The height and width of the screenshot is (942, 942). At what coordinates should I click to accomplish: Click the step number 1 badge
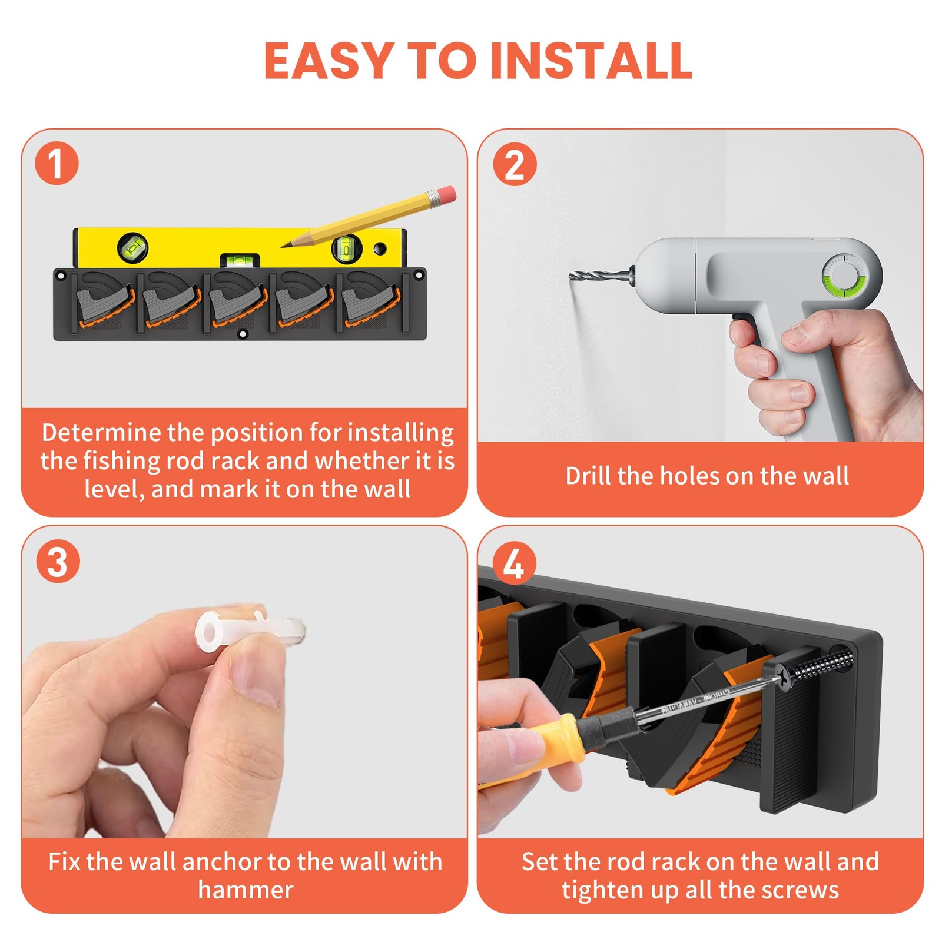coord(57,163)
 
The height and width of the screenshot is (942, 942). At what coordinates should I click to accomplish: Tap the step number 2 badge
coord(515,164)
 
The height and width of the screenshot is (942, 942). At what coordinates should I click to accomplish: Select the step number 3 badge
coord(58,561)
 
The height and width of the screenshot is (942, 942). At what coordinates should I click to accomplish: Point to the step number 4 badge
coord(514,563)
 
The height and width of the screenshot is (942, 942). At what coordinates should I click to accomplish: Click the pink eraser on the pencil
coord(447,194)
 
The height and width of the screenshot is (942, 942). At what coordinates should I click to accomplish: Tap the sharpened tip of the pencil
coord(282,246)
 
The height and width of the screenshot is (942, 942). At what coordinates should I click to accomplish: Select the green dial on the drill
coord(844,275)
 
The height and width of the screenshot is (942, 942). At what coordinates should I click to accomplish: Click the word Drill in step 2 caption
coord(588,475)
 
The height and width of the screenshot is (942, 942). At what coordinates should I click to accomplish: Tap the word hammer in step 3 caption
coord(246,890)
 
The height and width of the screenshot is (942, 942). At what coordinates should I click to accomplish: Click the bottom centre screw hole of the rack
coord(242,334)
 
